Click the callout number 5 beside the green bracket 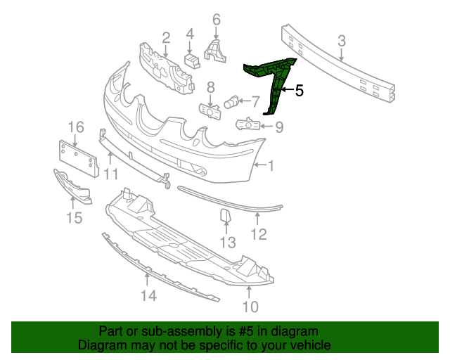click(x=299, y=91)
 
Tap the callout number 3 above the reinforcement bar click(x=342, y=41)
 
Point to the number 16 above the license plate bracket click(x=76, y=127)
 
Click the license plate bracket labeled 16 click(x=79, y=159)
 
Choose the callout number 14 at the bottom click(x=149, y=295)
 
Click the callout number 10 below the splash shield click(x=250, y=307)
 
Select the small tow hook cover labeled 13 click(x=225, y=216)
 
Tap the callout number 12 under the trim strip click(x=259, y=234)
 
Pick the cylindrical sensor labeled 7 click(x=231, y=103)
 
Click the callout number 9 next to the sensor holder click(x=279, y=127)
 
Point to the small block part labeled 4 click(x=192, y=61)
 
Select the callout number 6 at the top click(x=217, y=20)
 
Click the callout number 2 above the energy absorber click(x=166, y=38)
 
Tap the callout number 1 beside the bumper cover click(x=271, y=166)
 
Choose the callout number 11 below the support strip click(x=111, y=174)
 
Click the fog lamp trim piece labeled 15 click(x=72, y=186)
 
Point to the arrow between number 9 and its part click(x=266, y=126)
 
